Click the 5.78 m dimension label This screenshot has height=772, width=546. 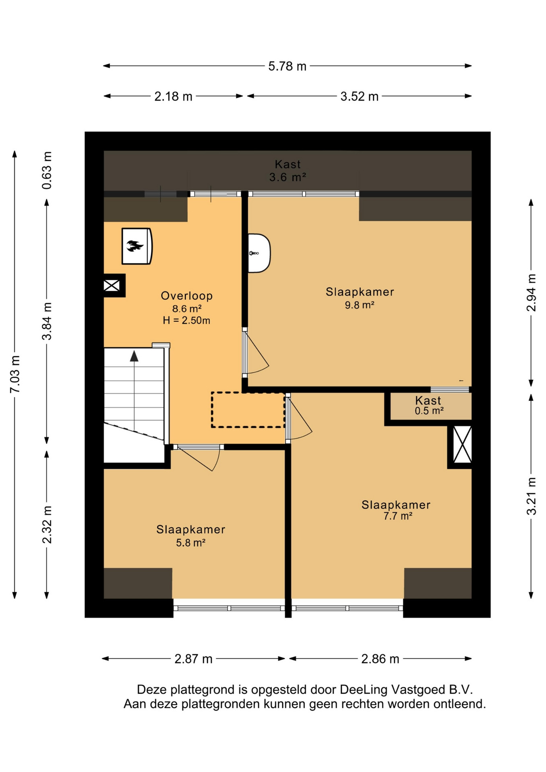point(287,66)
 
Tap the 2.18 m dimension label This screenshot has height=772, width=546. point(173,96)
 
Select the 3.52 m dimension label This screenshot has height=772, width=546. point(359,96)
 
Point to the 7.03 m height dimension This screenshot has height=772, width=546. point(15,374)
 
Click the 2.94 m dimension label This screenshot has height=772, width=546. point(531,292)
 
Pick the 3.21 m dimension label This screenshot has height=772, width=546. point(531,496)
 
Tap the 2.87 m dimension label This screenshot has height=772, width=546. point(193,659)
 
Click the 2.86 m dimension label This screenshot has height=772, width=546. point(380,659)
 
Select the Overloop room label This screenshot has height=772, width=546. point(187,296)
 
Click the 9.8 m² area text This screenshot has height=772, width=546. point(359,305)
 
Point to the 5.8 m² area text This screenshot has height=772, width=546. point(191,543)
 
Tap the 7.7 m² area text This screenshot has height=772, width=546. point(398,516)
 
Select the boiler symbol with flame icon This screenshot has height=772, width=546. point(137,246)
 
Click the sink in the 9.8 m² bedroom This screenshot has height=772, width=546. point(259,253)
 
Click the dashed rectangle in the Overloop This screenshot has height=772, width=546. point(248,410)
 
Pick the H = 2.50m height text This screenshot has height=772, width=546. point(186,320)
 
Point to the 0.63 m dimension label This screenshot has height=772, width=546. point(47,170)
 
